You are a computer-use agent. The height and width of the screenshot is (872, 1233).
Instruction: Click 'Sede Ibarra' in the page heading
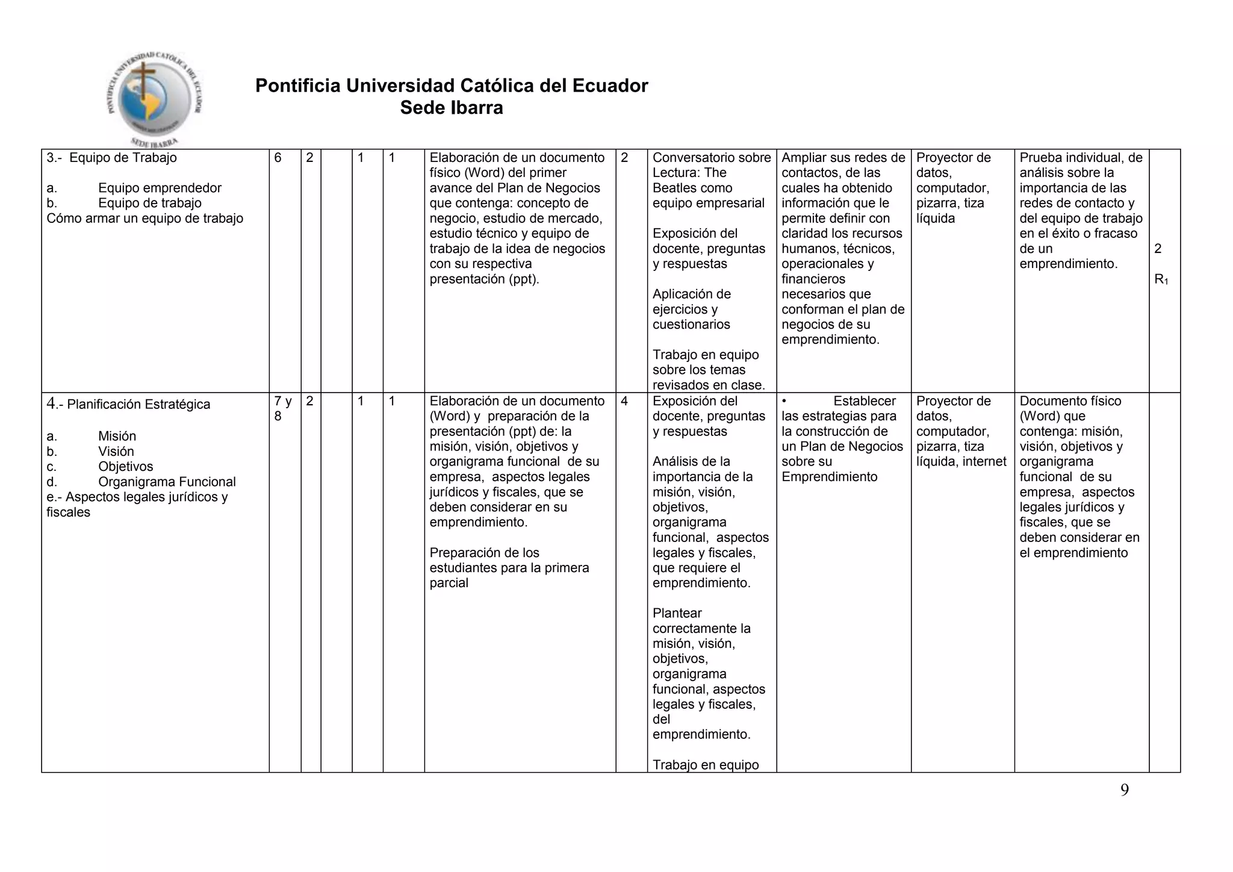pyautogui.click(x=452, y=108)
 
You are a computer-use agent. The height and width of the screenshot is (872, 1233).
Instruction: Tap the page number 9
pyautogui.click(x=1124, y=791)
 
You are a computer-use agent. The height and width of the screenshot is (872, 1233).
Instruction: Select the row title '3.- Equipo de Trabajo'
pyautogui.click(x=112, y=158)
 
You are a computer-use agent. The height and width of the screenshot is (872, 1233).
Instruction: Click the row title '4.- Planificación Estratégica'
pyautogui.click(x=128, y=404)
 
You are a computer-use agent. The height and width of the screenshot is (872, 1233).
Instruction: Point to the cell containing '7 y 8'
pyautogui.click(x=282, y=408)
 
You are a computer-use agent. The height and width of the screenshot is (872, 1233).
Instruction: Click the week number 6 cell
pyautogui.click(x=278, y=158)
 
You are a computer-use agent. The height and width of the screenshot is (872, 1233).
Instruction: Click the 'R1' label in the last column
pyautogui.click(x=1161, y=279)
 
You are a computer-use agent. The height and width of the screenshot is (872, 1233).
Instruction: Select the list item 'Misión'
pyautogui.click(x=117, y=436)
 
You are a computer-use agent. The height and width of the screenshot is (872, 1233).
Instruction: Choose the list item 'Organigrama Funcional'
pyautogui.click(x=167, y=482)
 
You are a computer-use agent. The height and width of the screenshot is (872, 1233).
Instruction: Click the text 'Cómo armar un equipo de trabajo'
pyautogui.click(x=144, y=219)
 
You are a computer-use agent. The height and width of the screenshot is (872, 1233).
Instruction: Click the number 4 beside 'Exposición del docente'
pyautogui.click(x=624, y=401)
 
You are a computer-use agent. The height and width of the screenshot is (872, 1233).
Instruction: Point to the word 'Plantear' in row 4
pyautogui.click(x=677, y=613)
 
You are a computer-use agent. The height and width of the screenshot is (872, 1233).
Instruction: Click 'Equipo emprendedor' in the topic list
pyautogui.click(x=160, y=188)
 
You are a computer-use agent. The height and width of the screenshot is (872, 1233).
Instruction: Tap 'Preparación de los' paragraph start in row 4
pyautogui.click(x=484, y=553)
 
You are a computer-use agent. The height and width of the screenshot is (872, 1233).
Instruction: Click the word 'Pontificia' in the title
pyautogui.click(x=298, y=86)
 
